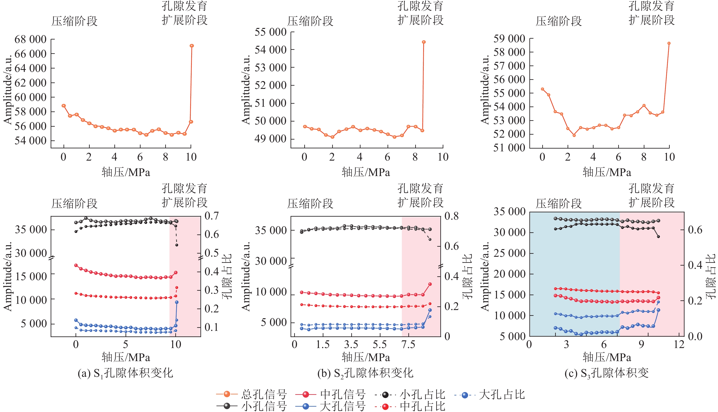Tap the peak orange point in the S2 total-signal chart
click(424, 42)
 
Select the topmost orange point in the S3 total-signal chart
click(669, 43)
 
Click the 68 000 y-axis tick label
click(30, 39)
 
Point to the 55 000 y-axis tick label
click(270, 32)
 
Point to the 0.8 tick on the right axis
click(452, 216)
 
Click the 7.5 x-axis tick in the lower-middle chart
click(408, 344)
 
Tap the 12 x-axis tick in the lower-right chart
click(679, 344)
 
